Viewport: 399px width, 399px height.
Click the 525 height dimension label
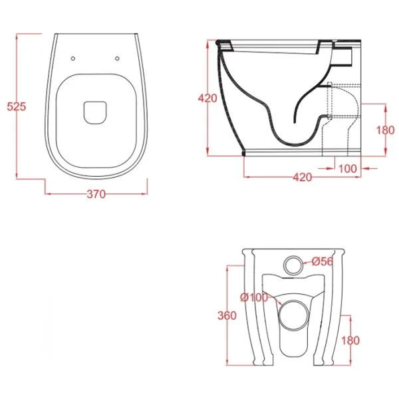coord(17,106)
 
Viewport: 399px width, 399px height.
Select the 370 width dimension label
coord(96,194)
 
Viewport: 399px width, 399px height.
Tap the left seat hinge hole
coord(73,59)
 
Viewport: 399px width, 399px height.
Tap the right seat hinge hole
coord(117,59)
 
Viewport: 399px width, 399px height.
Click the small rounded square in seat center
coord(95,113)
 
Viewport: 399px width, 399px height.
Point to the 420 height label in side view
coord(207,98)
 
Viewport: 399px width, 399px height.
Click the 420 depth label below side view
coord(303,178)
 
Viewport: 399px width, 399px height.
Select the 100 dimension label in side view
coord(348,168)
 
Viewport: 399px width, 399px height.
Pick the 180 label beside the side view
coord(386,130)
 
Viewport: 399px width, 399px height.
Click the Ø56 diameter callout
coord(323,261)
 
